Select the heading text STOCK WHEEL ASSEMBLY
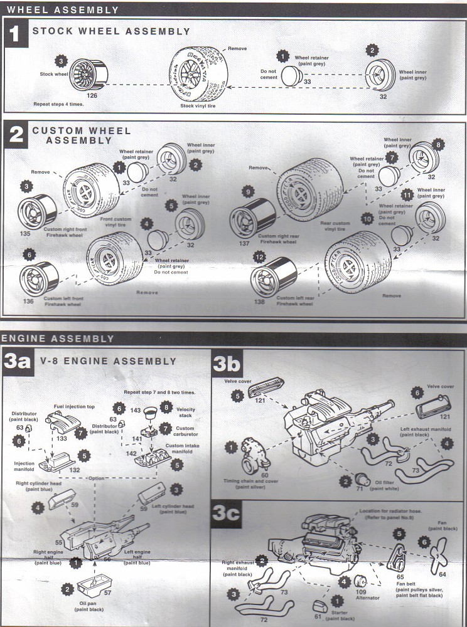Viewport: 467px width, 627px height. tap(111, 31)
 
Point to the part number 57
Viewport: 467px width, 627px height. tap(108, 592)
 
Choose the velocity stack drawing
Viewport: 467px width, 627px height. tap(149, 412)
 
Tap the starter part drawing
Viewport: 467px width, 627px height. tap(319, 606)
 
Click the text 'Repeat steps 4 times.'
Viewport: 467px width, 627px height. tap(60, 105)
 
